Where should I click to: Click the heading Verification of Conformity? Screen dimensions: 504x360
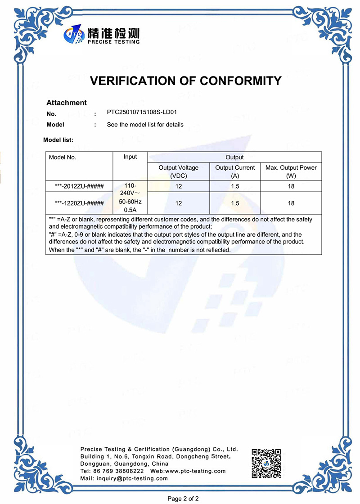[186, 81]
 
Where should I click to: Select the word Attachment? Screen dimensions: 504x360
[67, 103]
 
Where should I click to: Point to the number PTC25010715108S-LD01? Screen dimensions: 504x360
[139, 112]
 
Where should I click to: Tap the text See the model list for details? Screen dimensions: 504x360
[145, 125]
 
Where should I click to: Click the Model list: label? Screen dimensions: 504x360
[58, 140]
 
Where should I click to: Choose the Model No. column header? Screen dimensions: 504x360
[63, 157]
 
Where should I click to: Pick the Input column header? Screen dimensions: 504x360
[130, 157]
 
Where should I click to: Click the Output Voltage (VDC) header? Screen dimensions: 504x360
[179, 171]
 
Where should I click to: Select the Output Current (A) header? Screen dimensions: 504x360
[235, 171]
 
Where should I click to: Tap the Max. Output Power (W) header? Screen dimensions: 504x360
[291, 171]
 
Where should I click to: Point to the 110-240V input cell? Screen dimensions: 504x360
[130, 198]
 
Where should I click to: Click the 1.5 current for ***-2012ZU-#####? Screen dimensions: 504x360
[235, 186]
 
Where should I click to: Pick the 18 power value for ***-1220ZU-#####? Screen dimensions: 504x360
[291, 203]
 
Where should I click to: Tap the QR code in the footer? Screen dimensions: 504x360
[266, 463]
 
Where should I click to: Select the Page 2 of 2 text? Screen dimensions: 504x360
[183, 498]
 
